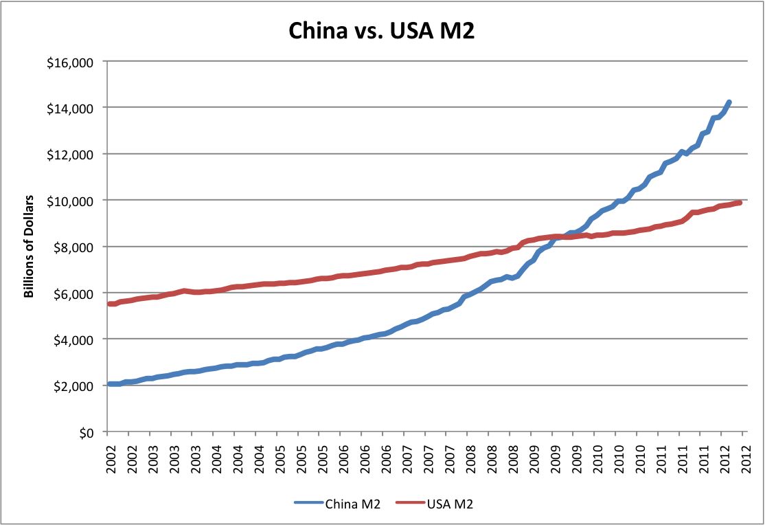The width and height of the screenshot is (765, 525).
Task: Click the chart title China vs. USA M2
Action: click(x=381, y=32)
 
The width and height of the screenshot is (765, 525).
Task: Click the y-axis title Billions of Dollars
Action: click(x=29, y=247)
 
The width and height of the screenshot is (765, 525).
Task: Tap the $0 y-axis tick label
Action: click(x=86, y=432)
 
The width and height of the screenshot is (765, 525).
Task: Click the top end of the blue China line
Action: click(x=729, y=102)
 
